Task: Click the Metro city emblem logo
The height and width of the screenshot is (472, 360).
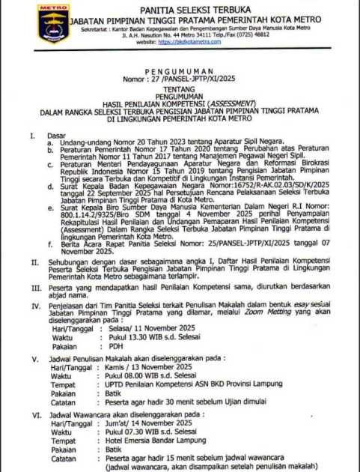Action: (54, 24)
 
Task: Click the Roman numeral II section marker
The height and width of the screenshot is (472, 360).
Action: (34, 258)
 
